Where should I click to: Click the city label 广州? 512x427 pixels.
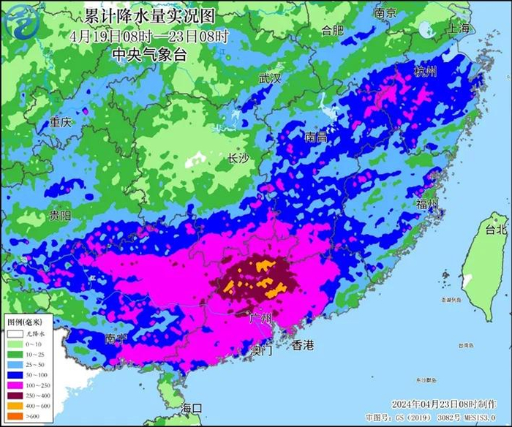(260, 318)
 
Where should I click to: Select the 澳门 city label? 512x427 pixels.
(260, 349)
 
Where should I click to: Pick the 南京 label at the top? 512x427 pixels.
(385, 13)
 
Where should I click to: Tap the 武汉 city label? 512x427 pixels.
(270, 78)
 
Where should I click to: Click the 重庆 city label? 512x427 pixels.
(61, 123)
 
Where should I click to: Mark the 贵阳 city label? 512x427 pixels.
(61, 216)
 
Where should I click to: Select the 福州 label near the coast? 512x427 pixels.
(426, 203)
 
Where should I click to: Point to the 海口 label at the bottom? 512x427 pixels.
(192, 407)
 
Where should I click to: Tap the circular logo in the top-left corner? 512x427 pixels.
(22, 22)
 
